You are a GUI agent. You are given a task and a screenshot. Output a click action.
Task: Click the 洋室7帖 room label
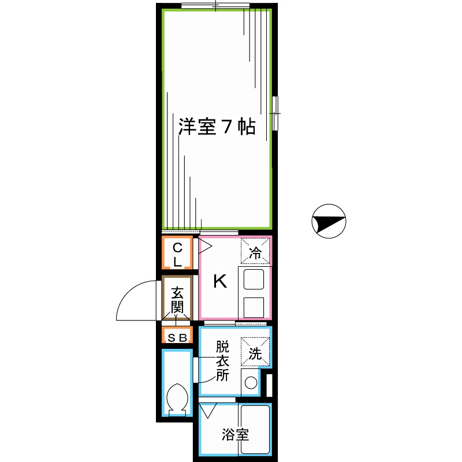pos(217,127)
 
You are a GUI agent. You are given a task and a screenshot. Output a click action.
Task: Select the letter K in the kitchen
pos(219,281)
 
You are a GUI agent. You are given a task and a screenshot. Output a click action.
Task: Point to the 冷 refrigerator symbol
pos(255,252)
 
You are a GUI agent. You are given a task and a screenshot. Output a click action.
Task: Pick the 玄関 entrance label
pos(177,299)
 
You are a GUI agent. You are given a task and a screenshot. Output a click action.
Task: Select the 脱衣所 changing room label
pos(223,362)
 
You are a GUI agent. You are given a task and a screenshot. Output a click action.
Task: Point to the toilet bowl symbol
pos(177,398)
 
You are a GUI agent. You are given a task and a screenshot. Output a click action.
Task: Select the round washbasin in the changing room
pos(250,382)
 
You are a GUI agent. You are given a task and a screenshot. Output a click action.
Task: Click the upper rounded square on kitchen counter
pos(254,280)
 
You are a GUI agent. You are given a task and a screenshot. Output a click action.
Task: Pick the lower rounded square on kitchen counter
pos(254,307)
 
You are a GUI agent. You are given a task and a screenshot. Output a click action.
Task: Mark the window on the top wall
pos(215,6)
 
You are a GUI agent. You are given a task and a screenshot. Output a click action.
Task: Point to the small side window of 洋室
pos(275,113)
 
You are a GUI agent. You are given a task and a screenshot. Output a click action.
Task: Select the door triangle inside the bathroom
pos(207,412)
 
